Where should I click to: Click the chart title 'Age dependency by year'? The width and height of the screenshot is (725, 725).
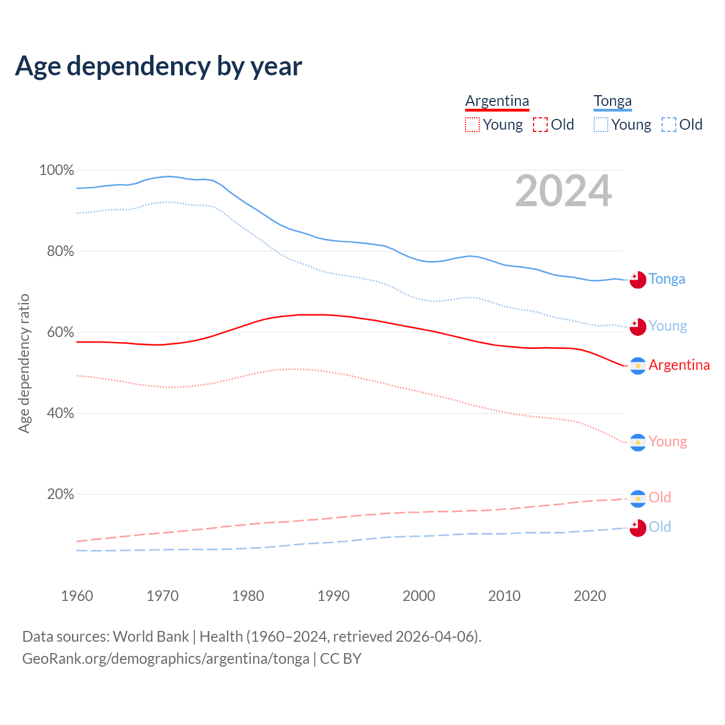pos(159,66)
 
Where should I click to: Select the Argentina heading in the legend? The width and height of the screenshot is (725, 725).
pos(497,101)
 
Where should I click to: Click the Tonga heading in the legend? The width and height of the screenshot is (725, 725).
pos(612,101)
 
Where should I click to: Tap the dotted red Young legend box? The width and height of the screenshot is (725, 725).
pos(472,125)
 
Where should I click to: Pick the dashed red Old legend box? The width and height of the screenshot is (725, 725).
pos(540,125)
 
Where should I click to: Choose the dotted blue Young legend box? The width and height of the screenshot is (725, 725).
pos(600,125)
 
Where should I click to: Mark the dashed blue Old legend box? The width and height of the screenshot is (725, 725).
pos(669,125)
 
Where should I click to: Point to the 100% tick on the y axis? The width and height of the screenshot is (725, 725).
pos(57,170)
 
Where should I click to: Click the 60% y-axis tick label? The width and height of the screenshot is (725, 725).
pos(60,332)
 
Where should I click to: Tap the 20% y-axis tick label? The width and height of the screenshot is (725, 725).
pos(60,494)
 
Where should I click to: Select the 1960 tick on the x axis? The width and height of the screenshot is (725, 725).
pos(77,596)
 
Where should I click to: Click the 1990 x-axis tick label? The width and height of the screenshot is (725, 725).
pos(334,596)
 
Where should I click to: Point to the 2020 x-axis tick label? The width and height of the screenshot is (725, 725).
pos(590,596)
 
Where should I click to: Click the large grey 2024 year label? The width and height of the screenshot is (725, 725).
pos(563,191)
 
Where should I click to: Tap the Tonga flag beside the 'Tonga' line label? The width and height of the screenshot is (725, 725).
pos(638,280)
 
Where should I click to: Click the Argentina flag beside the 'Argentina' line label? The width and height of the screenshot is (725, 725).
pos(638,366)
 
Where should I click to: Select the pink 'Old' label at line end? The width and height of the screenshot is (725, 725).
pos(659,497)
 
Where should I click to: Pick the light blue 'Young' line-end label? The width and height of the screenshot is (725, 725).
pos(668,326)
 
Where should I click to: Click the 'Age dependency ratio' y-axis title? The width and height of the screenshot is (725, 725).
pos(24,363)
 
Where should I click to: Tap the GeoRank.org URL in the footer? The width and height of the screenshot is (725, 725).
pos(165,659)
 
